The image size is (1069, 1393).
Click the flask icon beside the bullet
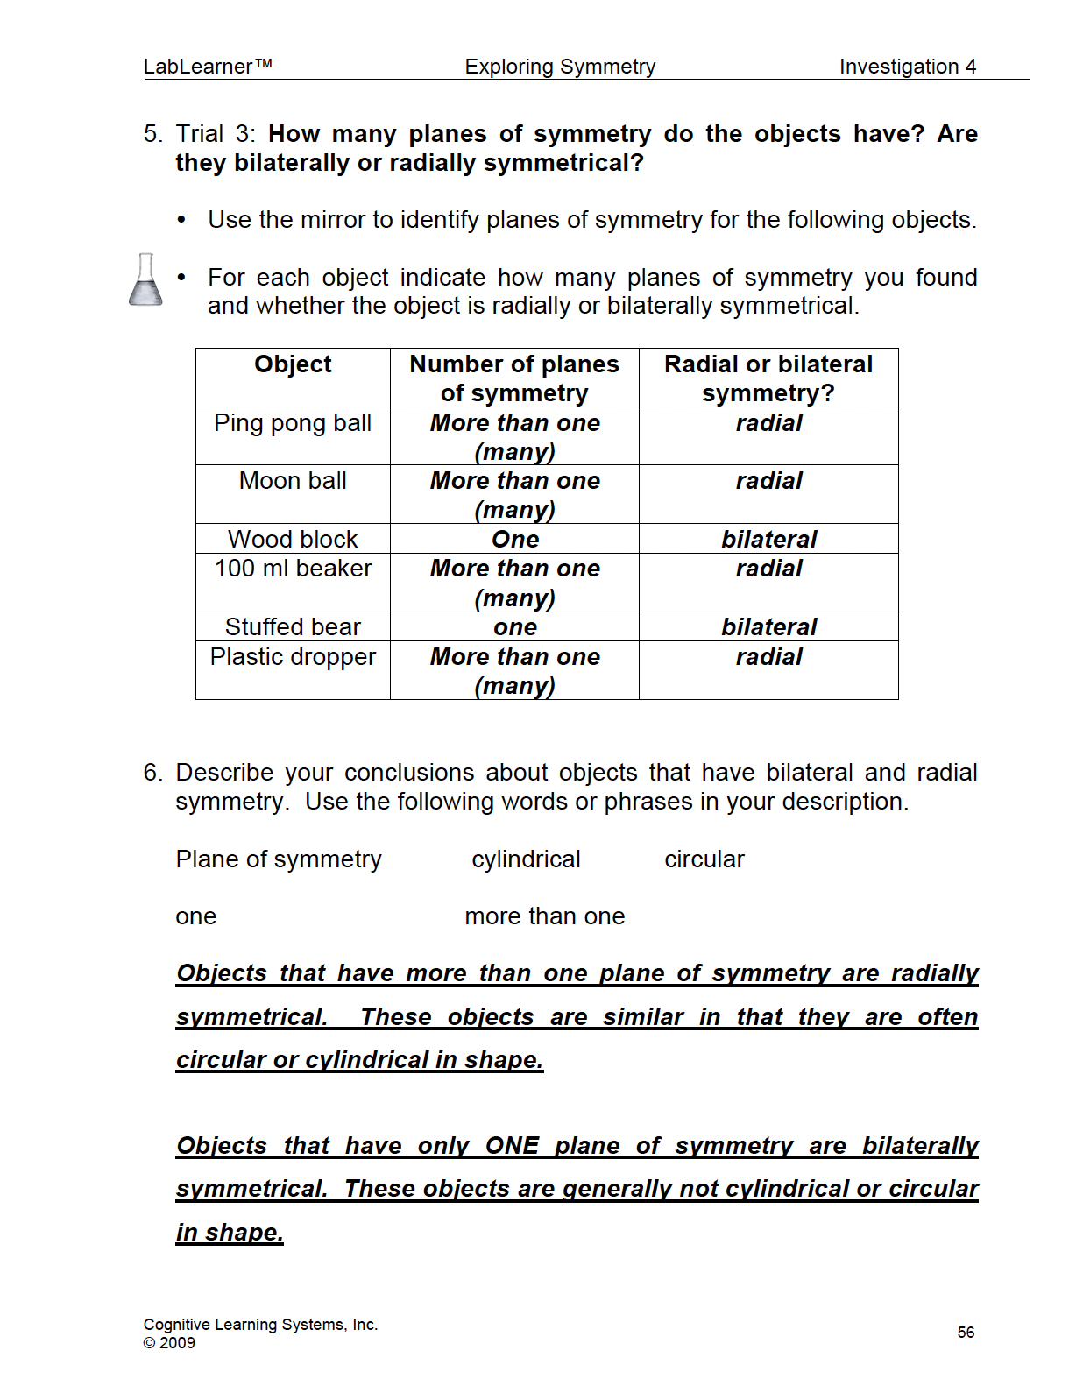pos(145,280)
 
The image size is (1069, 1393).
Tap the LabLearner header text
pos(208,67)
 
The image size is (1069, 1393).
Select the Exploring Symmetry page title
pos(560,67)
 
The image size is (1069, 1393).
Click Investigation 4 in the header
pos(907,67)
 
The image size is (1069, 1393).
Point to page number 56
pos(966,1333)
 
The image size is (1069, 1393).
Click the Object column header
pos(293,364)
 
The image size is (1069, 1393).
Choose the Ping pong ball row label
pos(293,423)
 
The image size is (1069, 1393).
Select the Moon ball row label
pos(293,481)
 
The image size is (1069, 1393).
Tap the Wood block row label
pos(293,539)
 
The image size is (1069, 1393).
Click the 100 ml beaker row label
pos(293,569)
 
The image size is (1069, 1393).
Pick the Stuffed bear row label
pos(293,627)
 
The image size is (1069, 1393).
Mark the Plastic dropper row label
pos(293,657)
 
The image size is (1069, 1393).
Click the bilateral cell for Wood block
pos(768,540)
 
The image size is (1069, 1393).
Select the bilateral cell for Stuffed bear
pos(768,627)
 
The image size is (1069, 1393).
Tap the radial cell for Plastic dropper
pos(768,657)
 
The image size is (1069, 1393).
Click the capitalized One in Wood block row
pos(515,540)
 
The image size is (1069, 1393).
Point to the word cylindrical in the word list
pos(526,859)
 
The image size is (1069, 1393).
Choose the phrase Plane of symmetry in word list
pos(279,859)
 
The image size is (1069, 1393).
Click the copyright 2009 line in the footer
pos(169,1343)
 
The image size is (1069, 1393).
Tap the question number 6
pos(152,773)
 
